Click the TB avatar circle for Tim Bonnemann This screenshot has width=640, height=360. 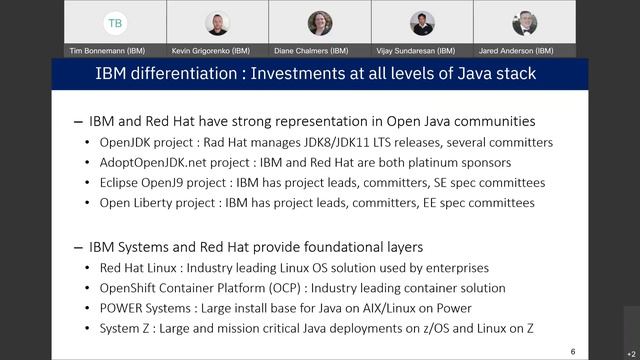115,23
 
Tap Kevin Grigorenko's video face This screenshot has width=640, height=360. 217,22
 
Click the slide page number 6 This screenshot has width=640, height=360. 573,352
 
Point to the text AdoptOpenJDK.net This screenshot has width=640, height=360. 152,162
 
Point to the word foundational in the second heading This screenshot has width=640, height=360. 338,246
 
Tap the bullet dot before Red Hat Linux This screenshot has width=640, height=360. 88,268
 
